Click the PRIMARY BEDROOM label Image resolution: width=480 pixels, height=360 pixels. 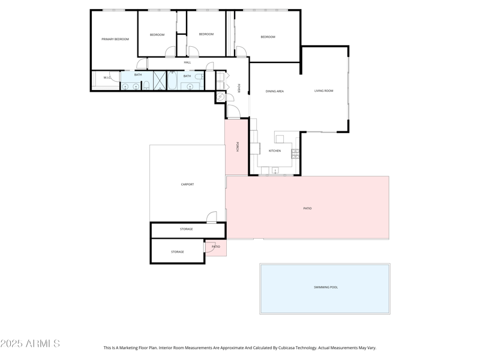tap(115, 39)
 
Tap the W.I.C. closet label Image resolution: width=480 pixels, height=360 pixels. tap(107, 77)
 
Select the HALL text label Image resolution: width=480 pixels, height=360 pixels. tap(187, 62)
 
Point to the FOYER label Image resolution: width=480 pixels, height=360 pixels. tap(239, 88)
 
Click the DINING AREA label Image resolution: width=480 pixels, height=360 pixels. tap(275, 91)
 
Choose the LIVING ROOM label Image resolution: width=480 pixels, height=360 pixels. tap(323, 91)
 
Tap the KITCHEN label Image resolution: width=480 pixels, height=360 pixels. tap(274, 151)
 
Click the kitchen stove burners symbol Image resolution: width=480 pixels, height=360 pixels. tap(295, 154)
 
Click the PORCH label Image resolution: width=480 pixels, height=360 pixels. tap(238, 146)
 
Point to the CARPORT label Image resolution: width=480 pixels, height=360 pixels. tap(187, 184)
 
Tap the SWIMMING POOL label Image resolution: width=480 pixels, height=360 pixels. tap(326, 287)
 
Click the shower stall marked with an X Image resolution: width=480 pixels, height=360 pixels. tap(160, 80)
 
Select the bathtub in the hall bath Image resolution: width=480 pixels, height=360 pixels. tap(172, 81)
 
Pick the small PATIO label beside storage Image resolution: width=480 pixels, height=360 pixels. tap(216, 247)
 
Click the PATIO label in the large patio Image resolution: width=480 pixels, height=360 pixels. tap(307, 208)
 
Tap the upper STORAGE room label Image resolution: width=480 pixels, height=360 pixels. tap(186, 229)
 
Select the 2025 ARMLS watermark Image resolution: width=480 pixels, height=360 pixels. tap(30, 344)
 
